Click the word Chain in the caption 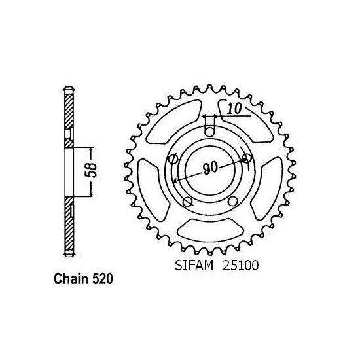pos(69,279)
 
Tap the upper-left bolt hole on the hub pos(175,159)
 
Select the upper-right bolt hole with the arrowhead pos(245,158)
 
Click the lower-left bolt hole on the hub pos(187,200)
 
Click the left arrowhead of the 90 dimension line pos(174,181)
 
